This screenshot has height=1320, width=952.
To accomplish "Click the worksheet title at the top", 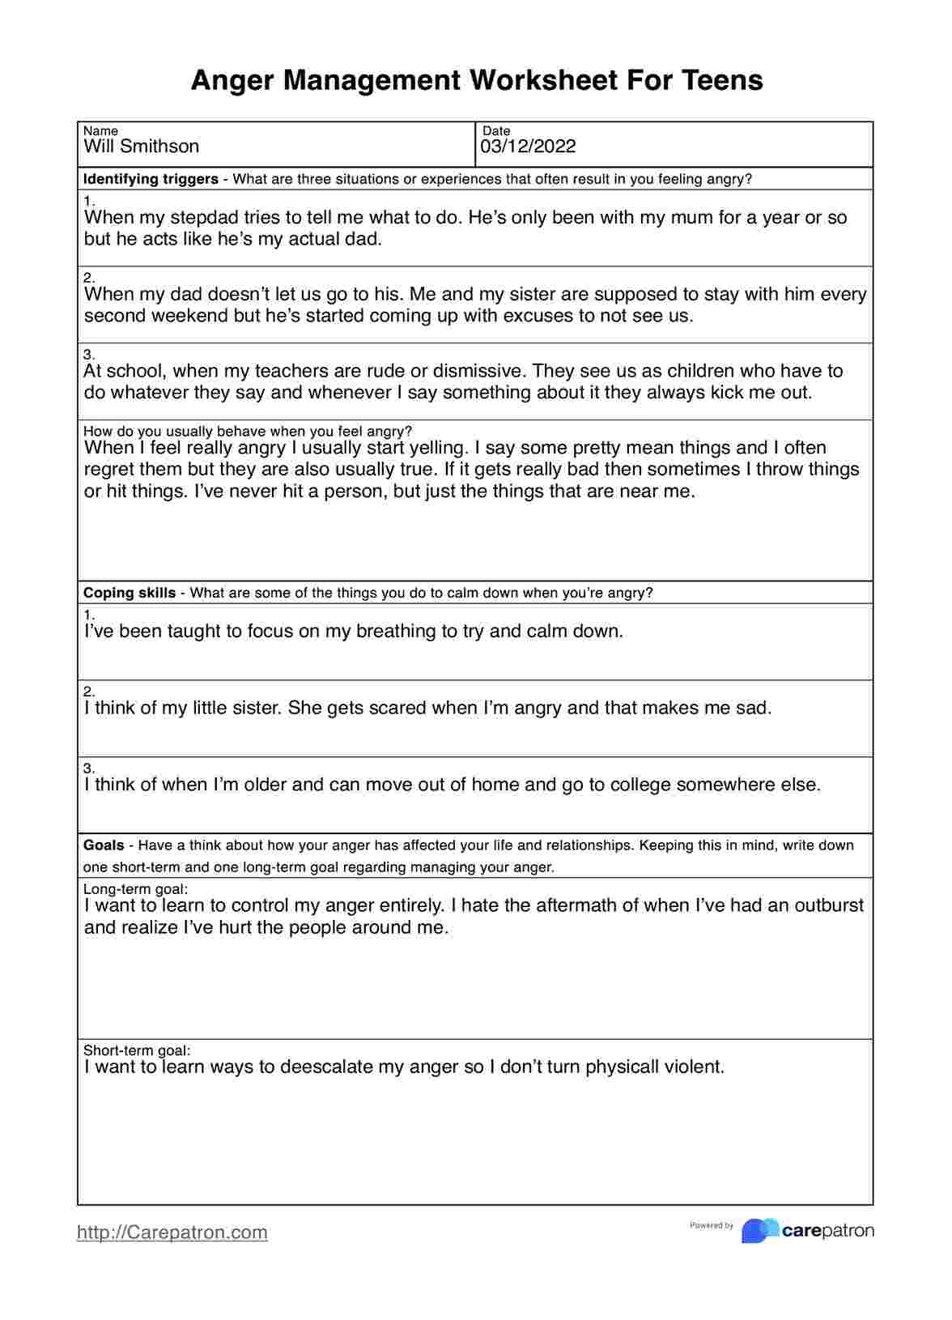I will [477, 80].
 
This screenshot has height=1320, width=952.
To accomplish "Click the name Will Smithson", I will [142, 147].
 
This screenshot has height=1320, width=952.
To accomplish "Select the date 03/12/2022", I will [528, 147].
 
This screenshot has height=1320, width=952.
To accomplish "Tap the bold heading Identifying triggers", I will [151, 179].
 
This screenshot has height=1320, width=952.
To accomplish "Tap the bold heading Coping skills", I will [130, 593].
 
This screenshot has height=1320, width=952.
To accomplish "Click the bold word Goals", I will [104, 845].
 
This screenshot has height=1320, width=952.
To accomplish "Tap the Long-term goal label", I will [135, 889].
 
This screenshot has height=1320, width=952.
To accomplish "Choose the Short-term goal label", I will [137, 1050].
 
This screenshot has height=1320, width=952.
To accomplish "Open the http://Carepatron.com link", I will [172, 1232].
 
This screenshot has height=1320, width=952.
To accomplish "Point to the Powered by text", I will [712, 1225].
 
